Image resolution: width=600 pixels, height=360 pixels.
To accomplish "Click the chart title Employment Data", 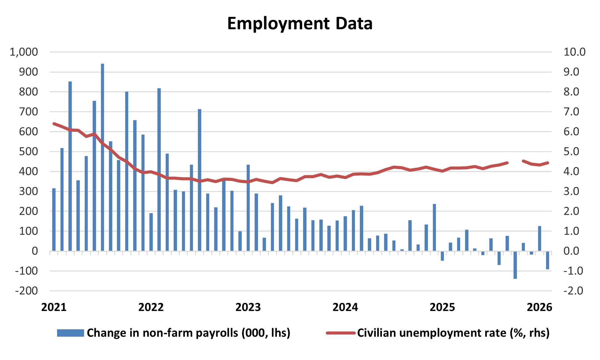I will tap(300, 24).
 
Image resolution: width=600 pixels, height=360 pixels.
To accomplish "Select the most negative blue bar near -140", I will tap(515, 265).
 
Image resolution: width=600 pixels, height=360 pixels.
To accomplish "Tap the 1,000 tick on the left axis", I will tap(24, 52).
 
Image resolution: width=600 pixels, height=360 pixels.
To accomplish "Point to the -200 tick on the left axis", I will tap(26, 291).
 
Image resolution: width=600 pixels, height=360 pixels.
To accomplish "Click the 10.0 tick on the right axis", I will tap(574, 52).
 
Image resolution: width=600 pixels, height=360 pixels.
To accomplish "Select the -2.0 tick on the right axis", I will tap(573, 291).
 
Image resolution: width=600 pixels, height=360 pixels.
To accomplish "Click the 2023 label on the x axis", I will tap(248, 307).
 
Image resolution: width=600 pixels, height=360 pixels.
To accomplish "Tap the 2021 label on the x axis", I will tap(54, 307).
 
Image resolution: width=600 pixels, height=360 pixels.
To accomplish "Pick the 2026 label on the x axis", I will tap(539, 307).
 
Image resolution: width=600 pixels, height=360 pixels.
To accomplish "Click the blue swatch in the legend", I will tap(70, 333).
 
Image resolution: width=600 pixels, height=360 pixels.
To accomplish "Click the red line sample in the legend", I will tap(340, 333).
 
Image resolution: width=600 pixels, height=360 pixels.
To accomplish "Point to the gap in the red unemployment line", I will tap(515, 162).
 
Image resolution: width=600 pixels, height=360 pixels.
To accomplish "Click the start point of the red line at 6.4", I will tap(54, 124).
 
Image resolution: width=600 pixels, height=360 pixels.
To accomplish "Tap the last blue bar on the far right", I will tap(548, 260).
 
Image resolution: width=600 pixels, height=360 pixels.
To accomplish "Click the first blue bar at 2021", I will tap(54, 219).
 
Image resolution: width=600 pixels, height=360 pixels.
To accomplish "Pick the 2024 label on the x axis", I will tap(345, 307).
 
